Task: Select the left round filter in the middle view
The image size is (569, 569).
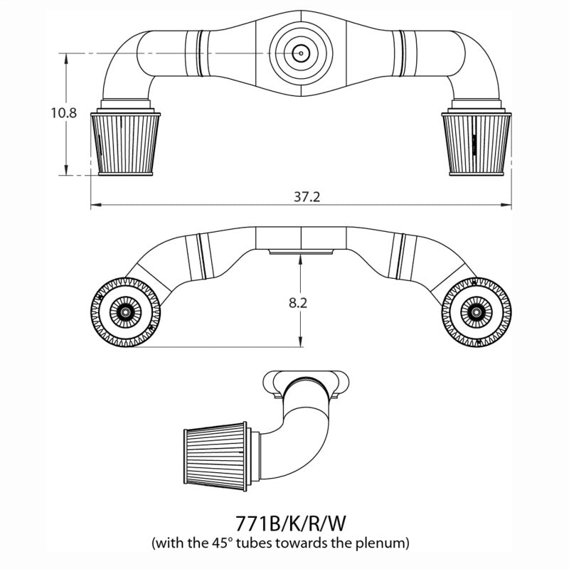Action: coord(125,312)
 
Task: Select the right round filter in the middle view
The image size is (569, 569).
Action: coord(476,312)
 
